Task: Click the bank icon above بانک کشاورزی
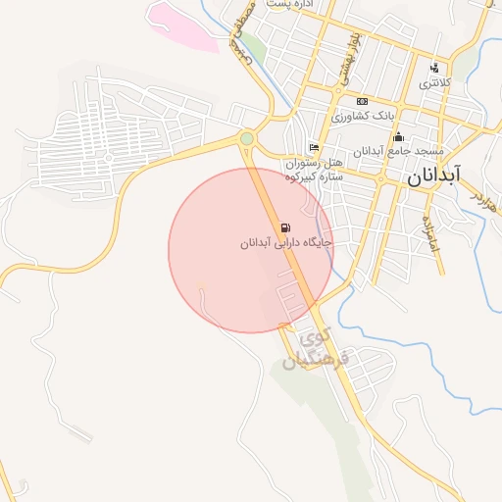click(x=362, y=101)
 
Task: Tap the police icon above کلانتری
click(x=434, y=68)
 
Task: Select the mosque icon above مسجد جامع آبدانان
click(x=398, y=137)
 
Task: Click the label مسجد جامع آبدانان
click(x=399, y=152)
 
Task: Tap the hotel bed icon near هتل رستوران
click(x=314, y=148)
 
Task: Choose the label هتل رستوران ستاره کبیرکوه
click(x=312, y=170)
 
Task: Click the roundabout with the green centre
click(x=246, y=139)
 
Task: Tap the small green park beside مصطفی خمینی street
click(x=255, y=45)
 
